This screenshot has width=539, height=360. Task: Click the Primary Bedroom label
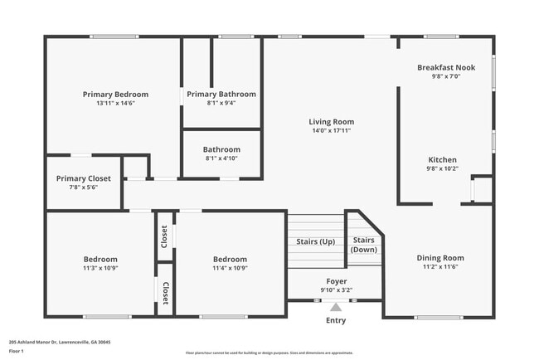115,95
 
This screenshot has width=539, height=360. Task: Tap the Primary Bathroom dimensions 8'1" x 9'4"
221,104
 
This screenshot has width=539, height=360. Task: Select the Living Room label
332,121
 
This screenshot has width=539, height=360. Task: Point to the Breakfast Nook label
447,67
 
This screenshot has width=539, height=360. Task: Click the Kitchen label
442,160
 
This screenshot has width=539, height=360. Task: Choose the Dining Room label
439,258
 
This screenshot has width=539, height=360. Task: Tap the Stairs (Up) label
315,242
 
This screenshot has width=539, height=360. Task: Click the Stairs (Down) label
363,244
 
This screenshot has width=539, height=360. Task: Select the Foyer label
336,281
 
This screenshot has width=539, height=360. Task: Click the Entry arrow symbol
336,307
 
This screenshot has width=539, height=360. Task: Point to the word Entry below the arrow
336,321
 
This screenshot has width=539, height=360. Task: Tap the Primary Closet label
83,178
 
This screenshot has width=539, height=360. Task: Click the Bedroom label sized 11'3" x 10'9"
100,259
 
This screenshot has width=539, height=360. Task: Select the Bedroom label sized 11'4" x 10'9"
230,259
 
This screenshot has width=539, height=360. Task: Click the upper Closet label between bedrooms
165,236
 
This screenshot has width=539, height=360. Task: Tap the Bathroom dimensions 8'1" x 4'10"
221,158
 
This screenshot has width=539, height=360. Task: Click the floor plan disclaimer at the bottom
269,352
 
